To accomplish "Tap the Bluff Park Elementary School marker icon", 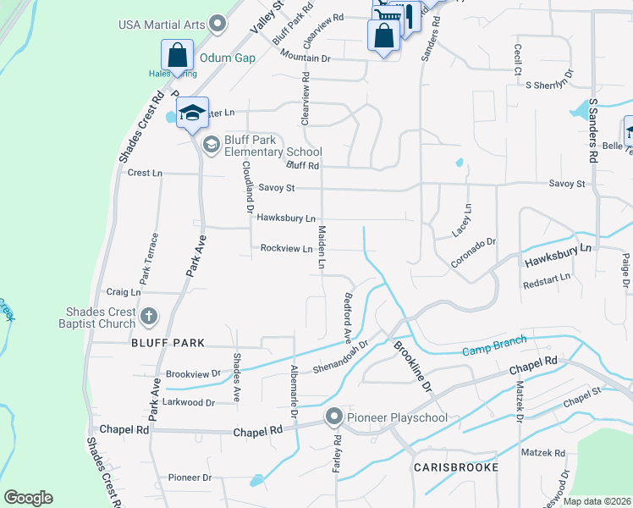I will pos(209,146).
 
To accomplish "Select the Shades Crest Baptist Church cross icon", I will pos(149,317).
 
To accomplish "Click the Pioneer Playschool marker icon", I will pos(334,417).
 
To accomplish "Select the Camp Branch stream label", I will pos(494,345).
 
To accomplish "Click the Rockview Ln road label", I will pos(286,248).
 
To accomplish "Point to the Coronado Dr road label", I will pos(472,253).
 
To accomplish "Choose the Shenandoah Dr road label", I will pos(341,356).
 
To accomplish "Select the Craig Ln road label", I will pos(124,292).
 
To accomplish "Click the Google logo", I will pos(28,498).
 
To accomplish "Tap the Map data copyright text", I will pos(597,501).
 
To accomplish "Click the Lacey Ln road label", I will pos(465,218).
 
